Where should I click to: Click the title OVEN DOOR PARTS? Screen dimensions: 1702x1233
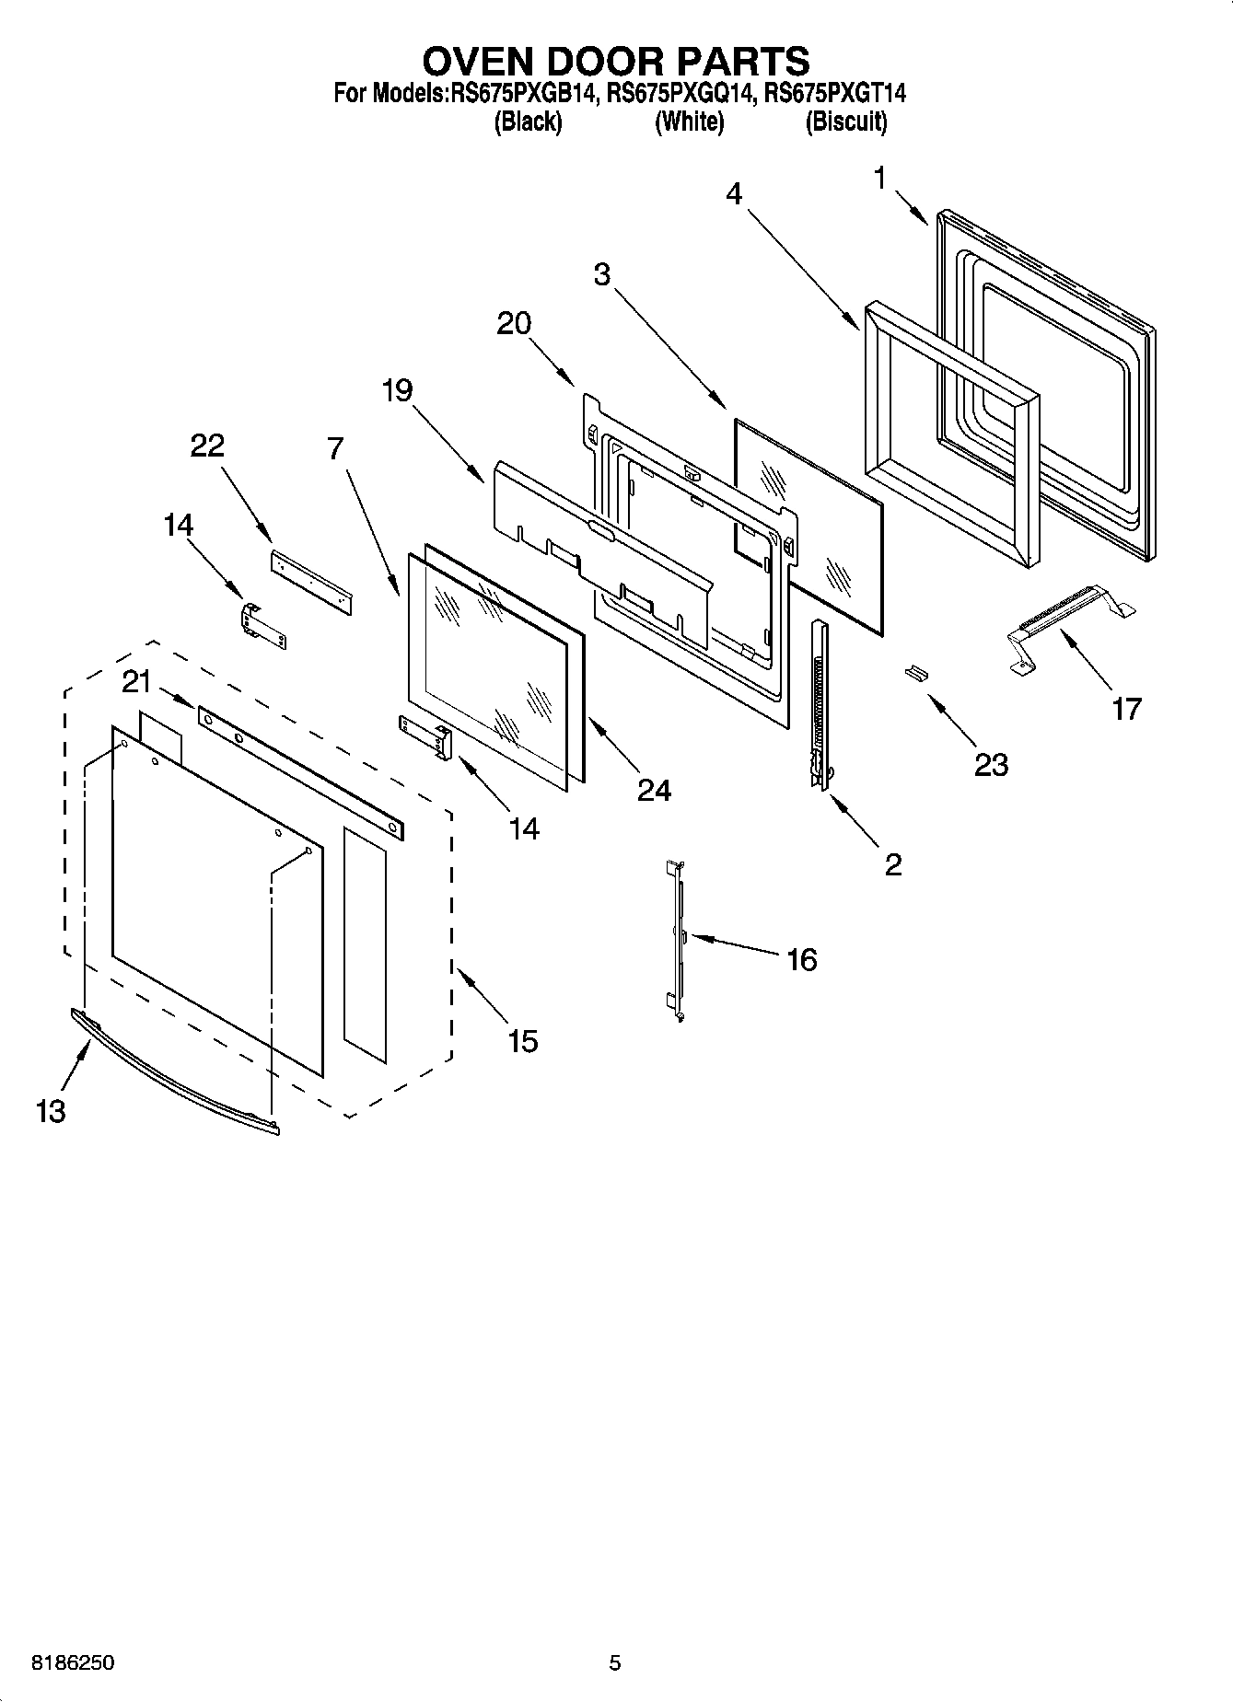(615, 61)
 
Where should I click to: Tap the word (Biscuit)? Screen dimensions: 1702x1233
(845, 122)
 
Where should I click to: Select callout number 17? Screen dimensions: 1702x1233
(1125, 708)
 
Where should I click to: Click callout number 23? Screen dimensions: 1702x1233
(991, 763)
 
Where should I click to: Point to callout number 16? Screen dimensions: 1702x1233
(801, 959)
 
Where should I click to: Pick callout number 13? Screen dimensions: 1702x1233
(51, 1111)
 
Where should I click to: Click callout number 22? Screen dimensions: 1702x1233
(206, 446)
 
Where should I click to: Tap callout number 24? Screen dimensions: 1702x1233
(654, 789)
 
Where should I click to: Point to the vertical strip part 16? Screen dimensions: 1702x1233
(678, 939)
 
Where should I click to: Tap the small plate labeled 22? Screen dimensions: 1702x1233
(313, 582)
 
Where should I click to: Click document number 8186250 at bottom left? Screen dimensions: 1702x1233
(73, 1662)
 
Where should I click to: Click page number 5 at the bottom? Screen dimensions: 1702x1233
(615, 1662)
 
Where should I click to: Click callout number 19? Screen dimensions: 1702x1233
(397, 390)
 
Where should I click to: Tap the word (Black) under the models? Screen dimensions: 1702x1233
(528, 122)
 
